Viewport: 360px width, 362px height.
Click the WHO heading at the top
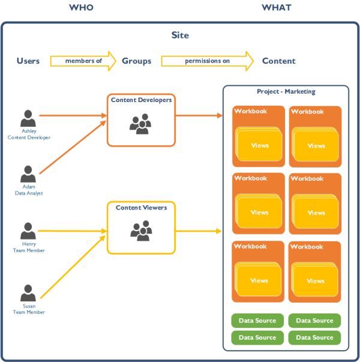[x=81, y=8]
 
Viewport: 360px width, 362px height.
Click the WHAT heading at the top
[x=276, y=8]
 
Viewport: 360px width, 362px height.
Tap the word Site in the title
[x=180, y=35]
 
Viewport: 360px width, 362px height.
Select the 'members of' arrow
[x=83, y=61]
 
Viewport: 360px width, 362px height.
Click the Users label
[x=28, y=61]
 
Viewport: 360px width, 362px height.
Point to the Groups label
[x=136, y=61]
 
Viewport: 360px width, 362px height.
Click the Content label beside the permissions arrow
[x=278, y=61]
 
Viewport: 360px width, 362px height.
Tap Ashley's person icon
[x=28, y=118]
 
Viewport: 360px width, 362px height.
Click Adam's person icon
[x=28, y=174]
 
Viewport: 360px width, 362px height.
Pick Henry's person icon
[x=28, y=231]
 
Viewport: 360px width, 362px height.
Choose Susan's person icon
[x=28, y=293]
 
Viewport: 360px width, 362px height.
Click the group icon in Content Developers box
[x=141, y=124]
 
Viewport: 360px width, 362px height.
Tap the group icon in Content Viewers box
[x=141, y=232]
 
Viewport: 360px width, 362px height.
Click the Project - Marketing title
[x=286, y=92]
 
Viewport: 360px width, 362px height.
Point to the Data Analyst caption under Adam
[x=29, y=193]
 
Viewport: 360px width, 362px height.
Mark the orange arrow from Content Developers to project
[x=198, y=114]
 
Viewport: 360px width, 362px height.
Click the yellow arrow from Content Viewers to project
[x=198, y=231]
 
